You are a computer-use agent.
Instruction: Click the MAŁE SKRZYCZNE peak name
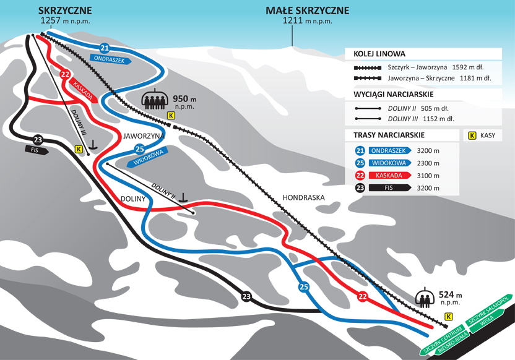(x=308, y=11)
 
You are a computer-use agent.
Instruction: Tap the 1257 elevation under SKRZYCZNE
(x=51, y=20)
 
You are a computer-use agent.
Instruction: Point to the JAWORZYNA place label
(x=143, y=135)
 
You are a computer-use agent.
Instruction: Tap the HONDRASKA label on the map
(x=303, y=197)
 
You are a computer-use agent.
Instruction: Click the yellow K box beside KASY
(x=471, y=135)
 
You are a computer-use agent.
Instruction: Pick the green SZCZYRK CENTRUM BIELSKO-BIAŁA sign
(x=444, y=340)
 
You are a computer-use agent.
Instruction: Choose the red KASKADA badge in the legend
(x=391, y=176)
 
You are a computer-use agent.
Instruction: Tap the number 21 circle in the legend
(x=360, y=150)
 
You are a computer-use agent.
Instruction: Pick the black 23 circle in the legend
(x=360, y=188)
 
